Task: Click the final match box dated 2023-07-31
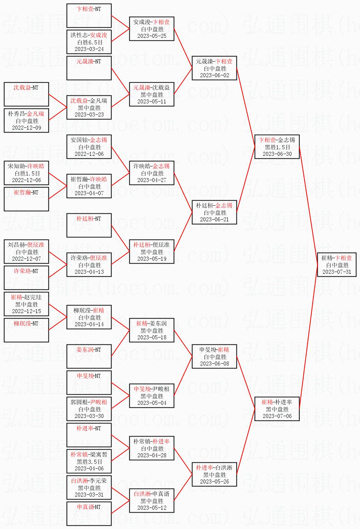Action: [x=337, y=265]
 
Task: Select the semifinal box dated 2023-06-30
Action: [x=277, y=147]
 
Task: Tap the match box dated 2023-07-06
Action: [x=277, y=409]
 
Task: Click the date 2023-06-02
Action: [x=215, y=75]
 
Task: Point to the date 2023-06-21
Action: [x=215, y=220]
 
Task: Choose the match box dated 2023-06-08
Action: [x=215, y=356]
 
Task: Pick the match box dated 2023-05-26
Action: [x=215, y=474]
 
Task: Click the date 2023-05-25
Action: [x=152, y=36]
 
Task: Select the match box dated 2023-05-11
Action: [x=152, y=94]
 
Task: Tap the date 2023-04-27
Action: [x=152, y=180]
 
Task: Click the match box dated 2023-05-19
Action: [x=152, y=252]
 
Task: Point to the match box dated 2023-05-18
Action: [x=152, y=330]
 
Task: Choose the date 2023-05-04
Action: [x=152, y=403]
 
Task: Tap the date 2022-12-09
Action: [x=27, y=128]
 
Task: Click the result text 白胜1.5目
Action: [x=27, y=173]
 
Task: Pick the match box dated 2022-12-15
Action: [x=27, y=304]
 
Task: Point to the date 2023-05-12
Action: [x=152, y=508]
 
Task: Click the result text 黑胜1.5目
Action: [x=277, y=147]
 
